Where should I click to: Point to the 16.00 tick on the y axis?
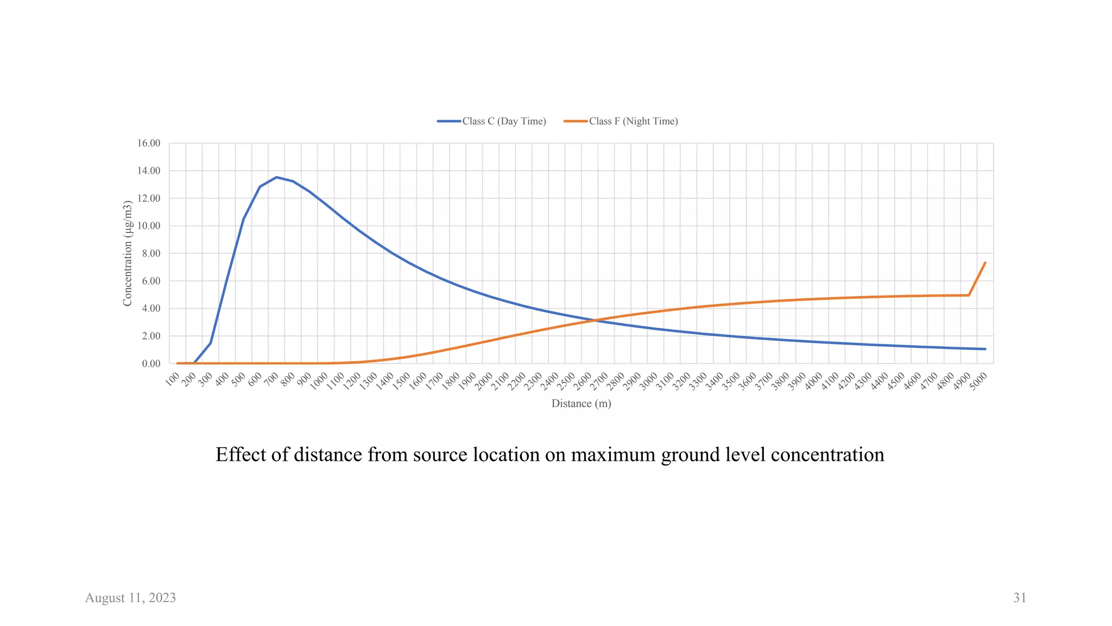coord(149,143)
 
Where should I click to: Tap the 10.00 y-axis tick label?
coord(149,226)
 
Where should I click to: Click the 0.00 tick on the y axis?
coord(151,364)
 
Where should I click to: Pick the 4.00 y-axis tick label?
coord(151,309)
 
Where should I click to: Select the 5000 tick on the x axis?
coord(978,381)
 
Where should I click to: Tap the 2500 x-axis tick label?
coord(566,381)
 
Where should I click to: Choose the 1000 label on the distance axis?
coord(319,381)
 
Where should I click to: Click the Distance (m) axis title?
coord(581,404)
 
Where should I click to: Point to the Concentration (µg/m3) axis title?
coord(128,253)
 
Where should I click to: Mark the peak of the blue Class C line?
coord(276,177)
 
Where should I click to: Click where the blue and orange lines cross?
coord(596,320)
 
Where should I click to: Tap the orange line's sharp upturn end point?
coord(985,263)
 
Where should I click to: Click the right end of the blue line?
coord(985,349)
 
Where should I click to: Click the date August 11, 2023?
coord(130,598)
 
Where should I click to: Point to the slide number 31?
coord(1020,598)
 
